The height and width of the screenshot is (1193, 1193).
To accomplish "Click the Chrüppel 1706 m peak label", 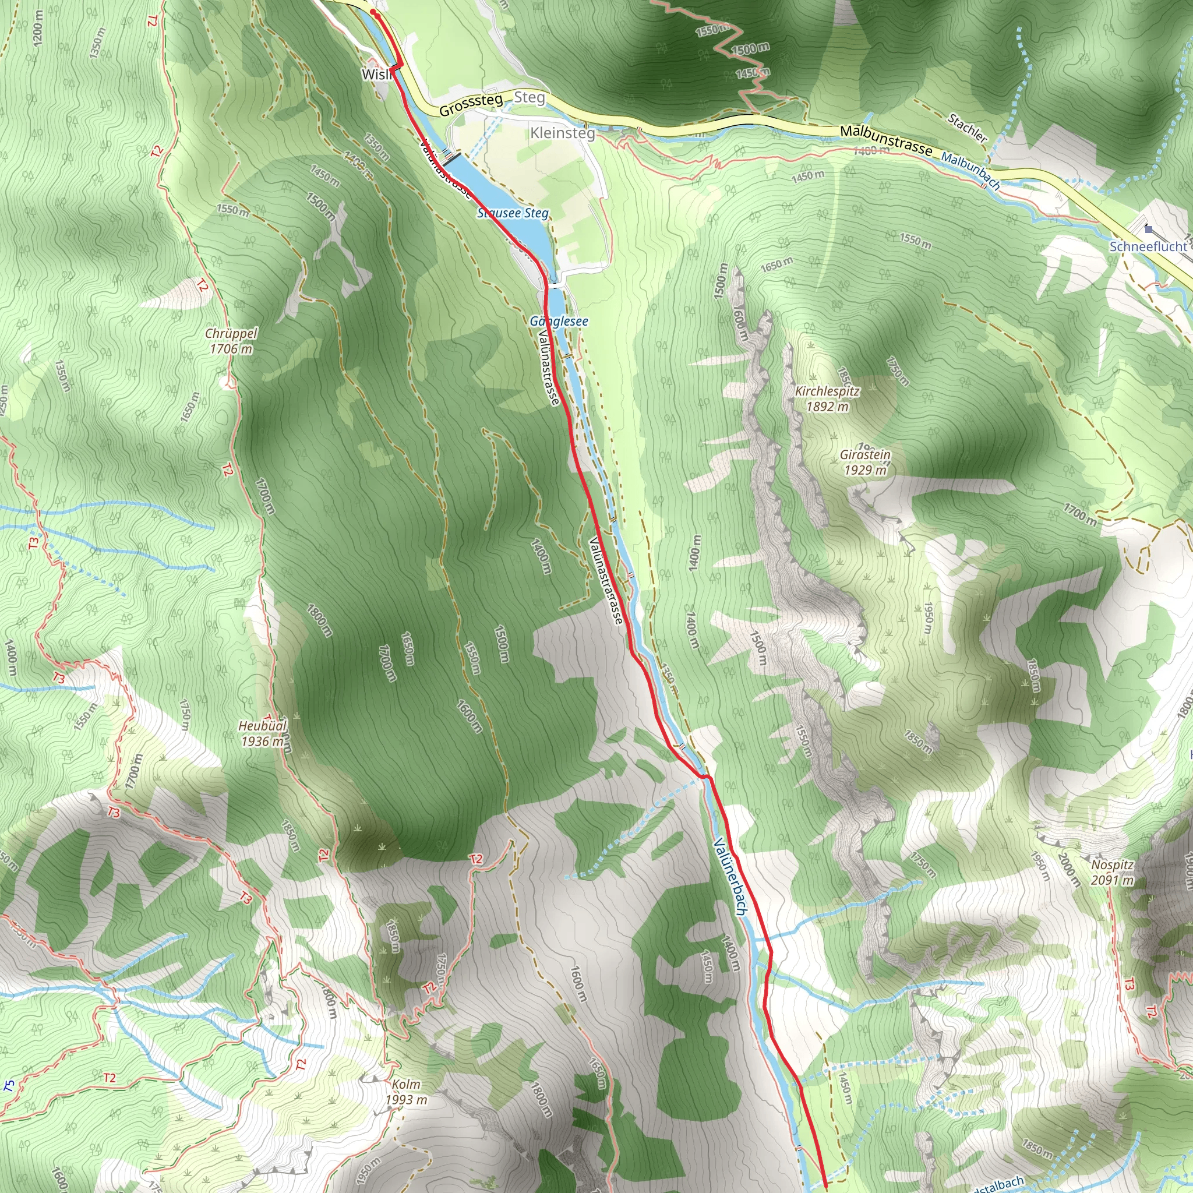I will [231, 341].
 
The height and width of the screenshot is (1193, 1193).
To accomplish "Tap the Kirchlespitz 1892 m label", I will [827, 399].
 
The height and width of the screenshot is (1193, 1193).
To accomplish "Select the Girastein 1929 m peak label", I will [865, 463].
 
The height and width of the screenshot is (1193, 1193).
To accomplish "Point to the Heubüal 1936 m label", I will [263, 733].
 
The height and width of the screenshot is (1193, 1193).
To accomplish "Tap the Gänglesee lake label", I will [559, 321].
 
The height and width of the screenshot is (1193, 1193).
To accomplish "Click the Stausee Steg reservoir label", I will [513, 214].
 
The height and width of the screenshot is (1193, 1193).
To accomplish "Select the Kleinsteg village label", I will [563, 133].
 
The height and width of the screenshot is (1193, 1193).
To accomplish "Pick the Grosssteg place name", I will [471, 105].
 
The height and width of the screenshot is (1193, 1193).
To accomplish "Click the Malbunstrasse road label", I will [886, 140].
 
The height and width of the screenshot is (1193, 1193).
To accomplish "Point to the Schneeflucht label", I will [1148, 246].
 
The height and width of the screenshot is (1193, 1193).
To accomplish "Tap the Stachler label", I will [967, 128].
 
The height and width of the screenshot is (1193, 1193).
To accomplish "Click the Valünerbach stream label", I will [730, 876].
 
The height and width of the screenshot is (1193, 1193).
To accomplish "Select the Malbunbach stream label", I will [970, 170].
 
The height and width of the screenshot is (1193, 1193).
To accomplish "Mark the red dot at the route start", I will [373, 12].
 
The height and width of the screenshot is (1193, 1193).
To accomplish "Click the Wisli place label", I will [376, 75].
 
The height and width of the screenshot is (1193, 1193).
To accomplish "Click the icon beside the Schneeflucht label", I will [1148, 230].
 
